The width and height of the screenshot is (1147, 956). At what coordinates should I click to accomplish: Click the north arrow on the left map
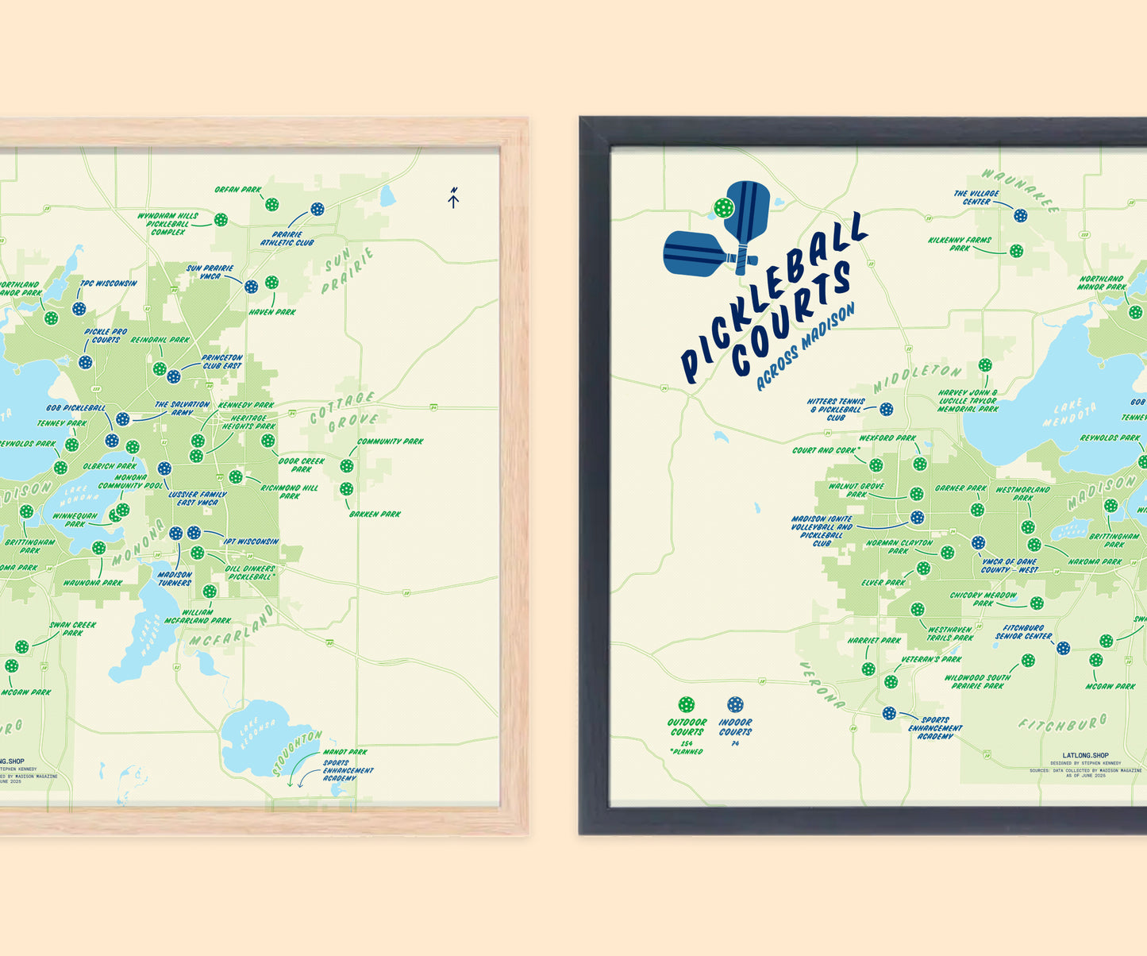point(453,198)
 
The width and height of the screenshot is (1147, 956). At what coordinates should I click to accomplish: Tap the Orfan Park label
point(238,191)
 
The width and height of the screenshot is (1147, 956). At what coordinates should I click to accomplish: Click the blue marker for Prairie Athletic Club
point(317,209)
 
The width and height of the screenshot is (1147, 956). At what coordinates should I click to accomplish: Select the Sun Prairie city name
point(348,271)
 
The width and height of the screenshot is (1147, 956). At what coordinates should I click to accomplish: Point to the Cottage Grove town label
point(342,411)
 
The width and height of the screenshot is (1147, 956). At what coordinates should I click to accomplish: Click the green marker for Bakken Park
point(347,489)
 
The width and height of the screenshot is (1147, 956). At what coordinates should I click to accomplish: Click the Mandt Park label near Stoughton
point(345,752)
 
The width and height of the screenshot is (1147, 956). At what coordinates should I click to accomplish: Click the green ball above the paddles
point(723,208)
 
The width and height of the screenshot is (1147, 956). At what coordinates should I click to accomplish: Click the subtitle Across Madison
point(805,347)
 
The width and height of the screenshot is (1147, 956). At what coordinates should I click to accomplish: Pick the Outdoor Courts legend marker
point(686,704)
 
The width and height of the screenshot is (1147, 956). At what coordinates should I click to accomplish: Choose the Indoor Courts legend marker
point(735,704)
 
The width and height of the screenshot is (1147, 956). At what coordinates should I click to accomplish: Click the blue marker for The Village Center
point(1020,215)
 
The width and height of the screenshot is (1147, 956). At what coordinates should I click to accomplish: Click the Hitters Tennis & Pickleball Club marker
point(887,409)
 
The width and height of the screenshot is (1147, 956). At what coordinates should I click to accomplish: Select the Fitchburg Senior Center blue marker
point(1064,648)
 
